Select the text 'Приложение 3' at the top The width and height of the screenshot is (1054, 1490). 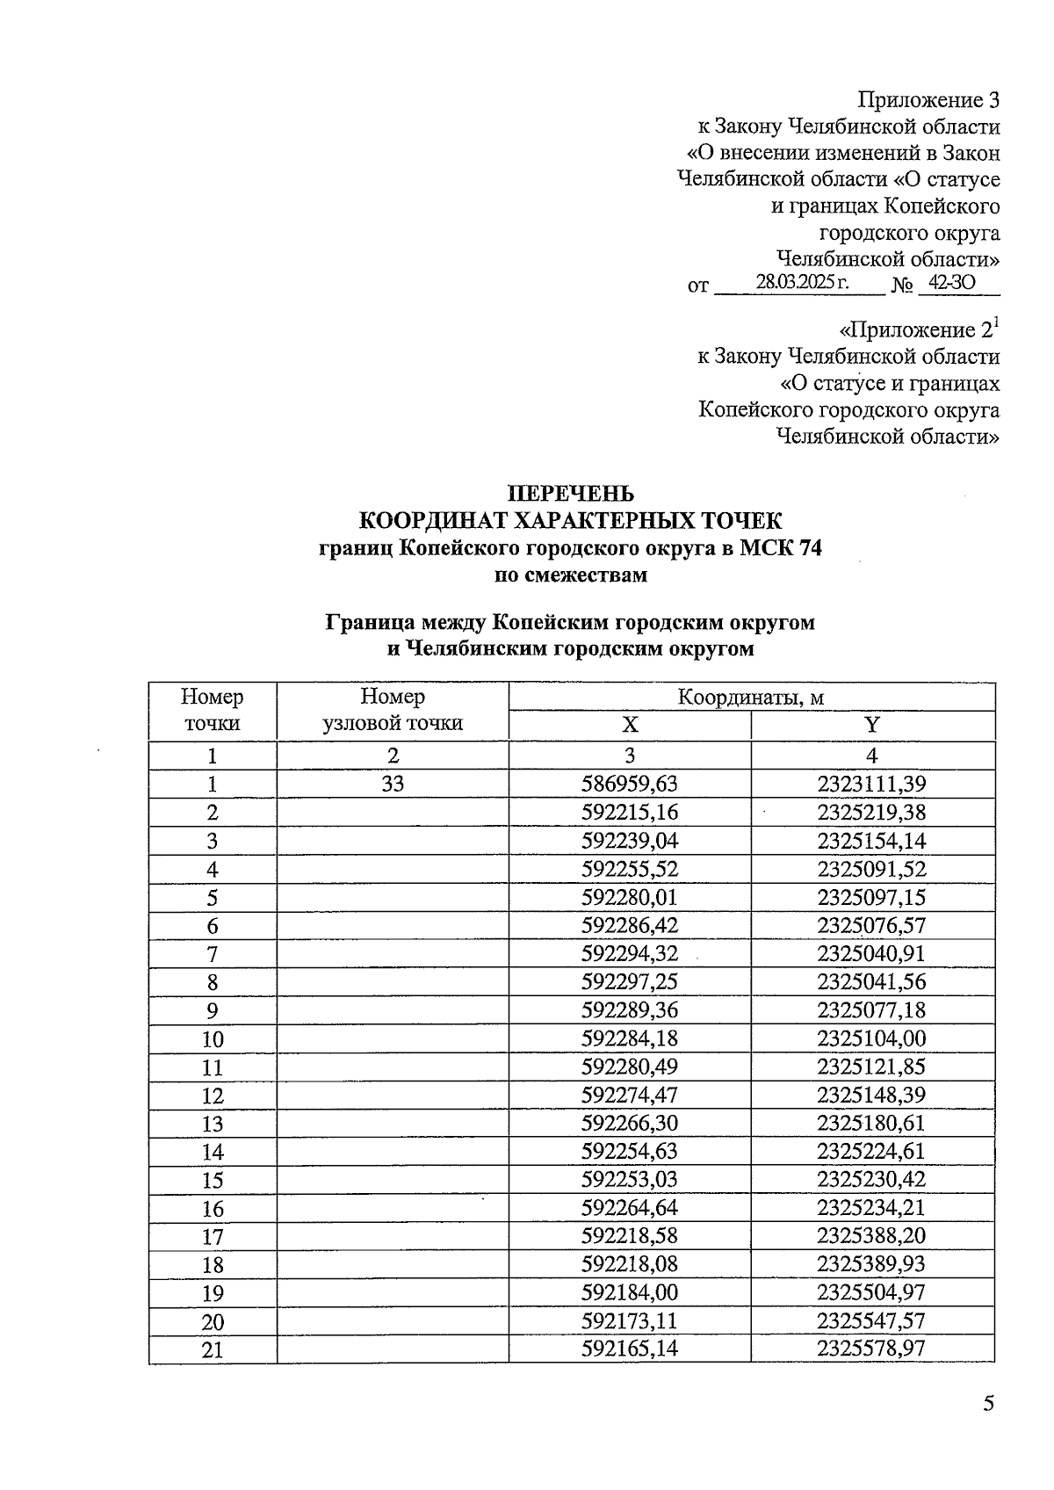928,99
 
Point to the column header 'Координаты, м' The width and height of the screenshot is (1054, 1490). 751,698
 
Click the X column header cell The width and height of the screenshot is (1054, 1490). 630,726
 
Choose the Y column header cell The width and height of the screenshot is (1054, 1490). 872,726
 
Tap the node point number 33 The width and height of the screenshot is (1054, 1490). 393,784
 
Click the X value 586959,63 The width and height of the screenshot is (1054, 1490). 630,784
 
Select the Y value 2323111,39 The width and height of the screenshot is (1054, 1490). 871,784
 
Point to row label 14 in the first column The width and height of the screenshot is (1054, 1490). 213,1152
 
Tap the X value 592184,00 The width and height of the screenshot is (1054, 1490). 630,1292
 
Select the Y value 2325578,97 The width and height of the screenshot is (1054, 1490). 871,1349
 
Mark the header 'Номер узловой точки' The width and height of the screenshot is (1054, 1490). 393,710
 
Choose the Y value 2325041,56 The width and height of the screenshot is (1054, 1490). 871,981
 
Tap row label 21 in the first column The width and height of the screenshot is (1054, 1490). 213,1349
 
